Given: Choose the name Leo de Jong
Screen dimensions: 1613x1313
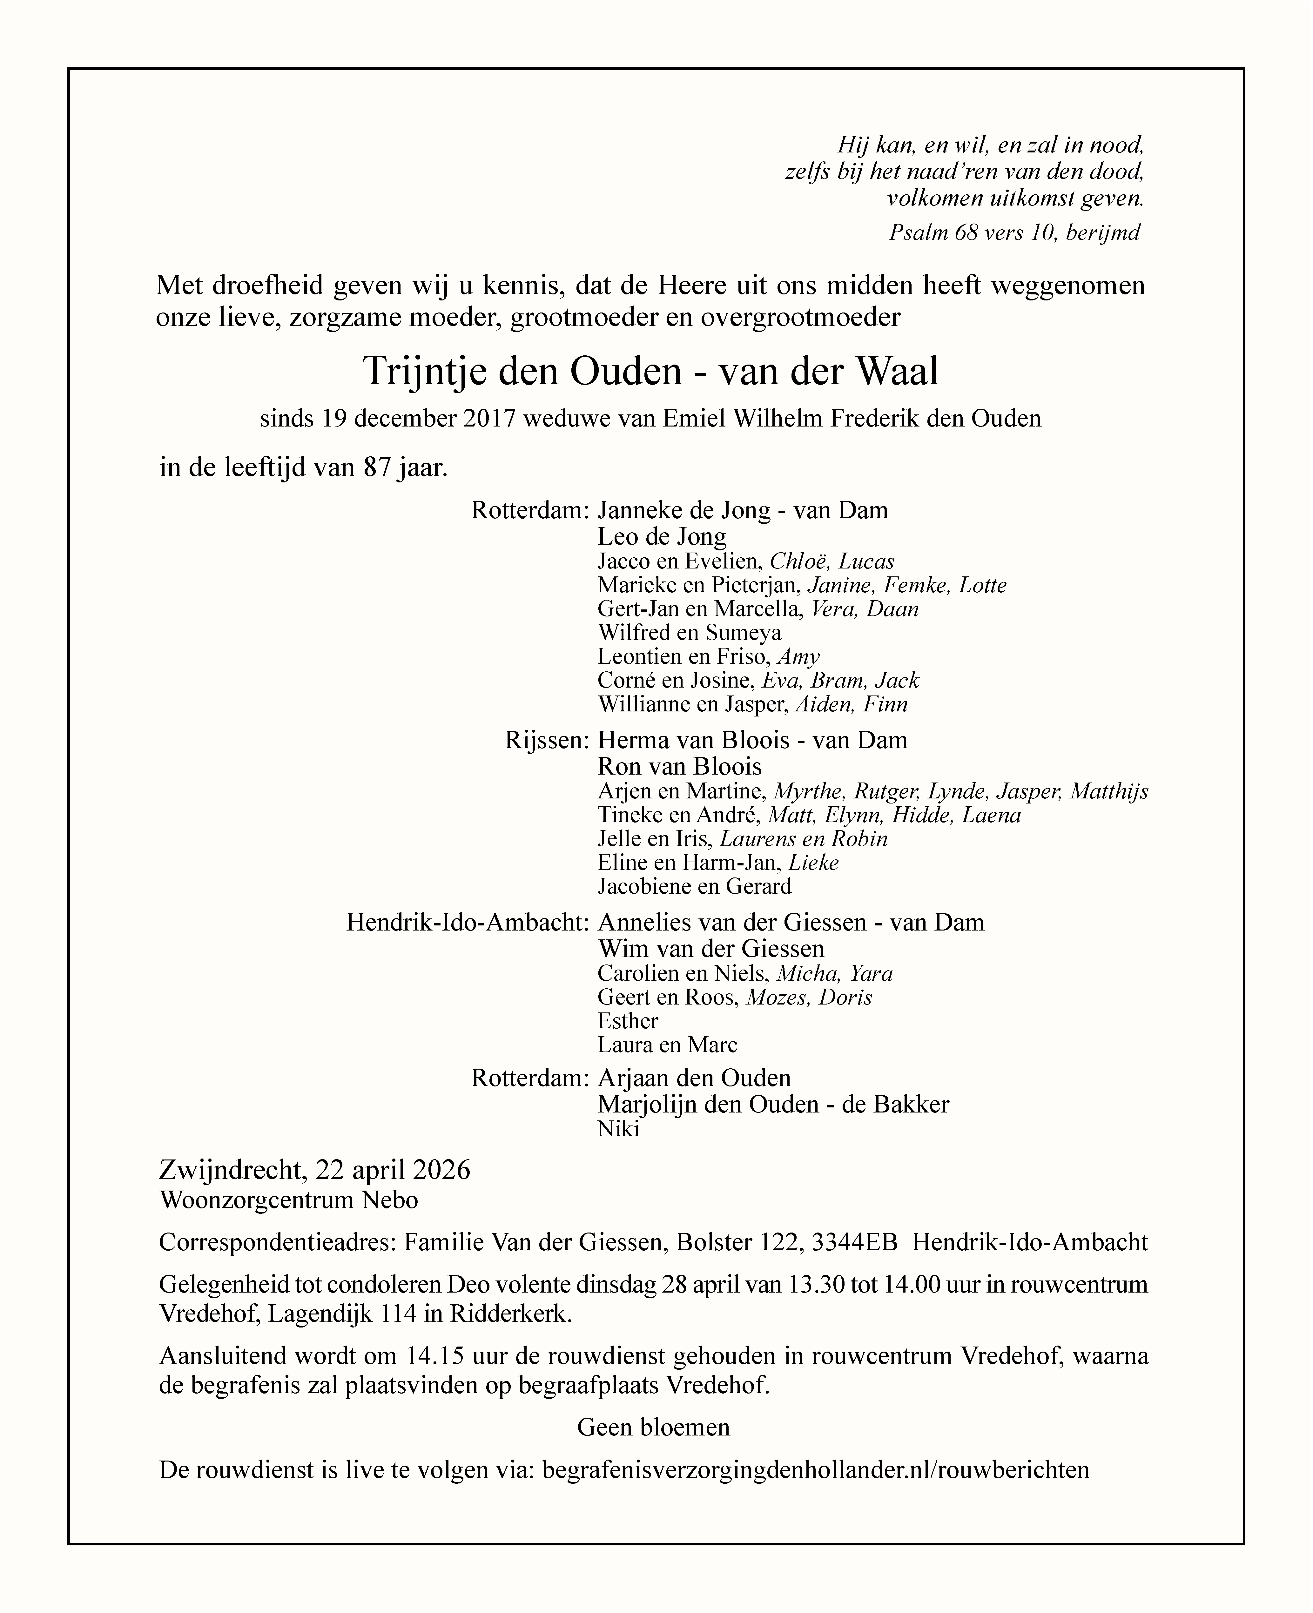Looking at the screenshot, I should (x=662, y=537).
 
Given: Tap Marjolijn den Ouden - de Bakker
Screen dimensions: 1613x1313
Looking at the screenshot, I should (x=773, y=1105).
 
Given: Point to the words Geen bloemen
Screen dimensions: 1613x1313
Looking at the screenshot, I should (x=653, y=1428).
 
